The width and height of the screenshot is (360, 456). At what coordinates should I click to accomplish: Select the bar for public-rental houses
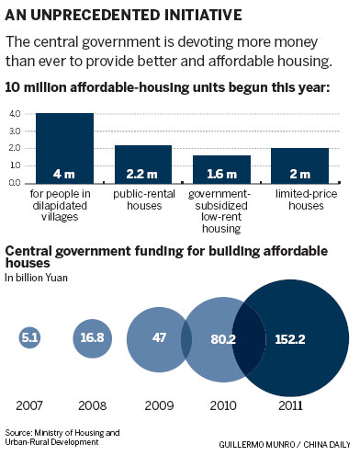pos(143,164)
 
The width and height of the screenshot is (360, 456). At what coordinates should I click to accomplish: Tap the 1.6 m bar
pos(221,169)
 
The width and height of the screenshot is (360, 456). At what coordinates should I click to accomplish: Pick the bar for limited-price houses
pos(299,165)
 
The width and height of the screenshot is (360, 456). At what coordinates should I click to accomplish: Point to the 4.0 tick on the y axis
pos(15,114)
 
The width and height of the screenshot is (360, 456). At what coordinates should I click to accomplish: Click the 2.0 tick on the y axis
pos(15,148)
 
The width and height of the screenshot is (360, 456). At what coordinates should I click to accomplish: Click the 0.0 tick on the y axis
pos(15,182)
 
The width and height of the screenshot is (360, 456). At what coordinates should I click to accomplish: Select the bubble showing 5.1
pos(29,337)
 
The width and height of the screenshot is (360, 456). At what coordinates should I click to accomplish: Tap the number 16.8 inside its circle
pos(92,337)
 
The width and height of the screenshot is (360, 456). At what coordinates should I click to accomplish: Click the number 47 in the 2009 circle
pos(159,337)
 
